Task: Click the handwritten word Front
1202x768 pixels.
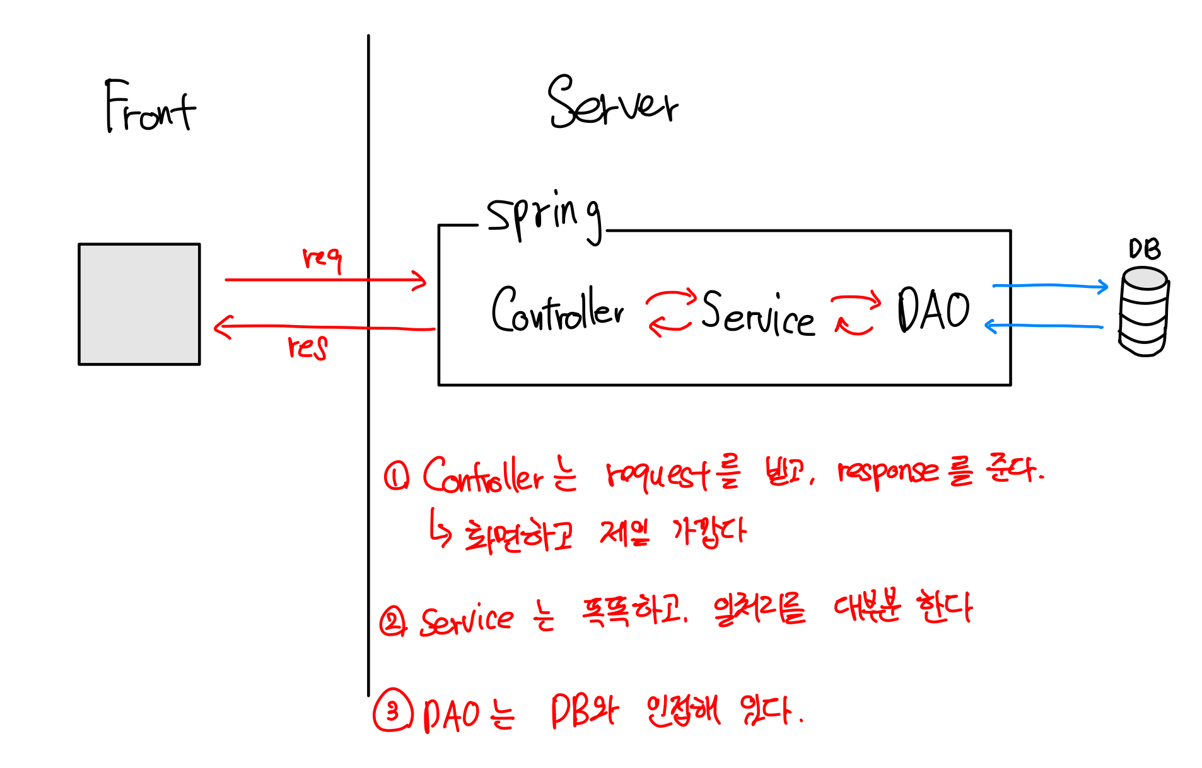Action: tap(150, 107)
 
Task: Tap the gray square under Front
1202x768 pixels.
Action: tap(139, 304)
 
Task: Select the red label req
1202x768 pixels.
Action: tap(322, 258)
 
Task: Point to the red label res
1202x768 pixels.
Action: tap(308, 347)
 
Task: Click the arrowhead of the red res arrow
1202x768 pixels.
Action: tap(222, 327)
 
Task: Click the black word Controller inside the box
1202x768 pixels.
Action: tap(557, 310)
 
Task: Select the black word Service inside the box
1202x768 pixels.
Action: tap(757, 313)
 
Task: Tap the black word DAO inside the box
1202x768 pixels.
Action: tap(933, 309)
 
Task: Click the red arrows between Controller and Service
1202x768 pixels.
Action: tap(670, 312)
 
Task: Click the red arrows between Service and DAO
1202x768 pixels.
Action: tap(855, 313)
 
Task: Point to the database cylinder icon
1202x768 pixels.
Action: tap(1143, 311)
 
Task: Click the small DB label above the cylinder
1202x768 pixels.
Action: tap(1145, 249)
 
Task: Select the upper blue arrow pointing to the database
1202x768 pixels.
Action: tap(1050, 286)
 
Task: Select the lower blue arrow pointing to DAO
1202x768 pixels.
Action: tap(1044, 326)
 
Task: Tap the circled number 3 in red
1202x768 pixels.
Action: tap(393, 710)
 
